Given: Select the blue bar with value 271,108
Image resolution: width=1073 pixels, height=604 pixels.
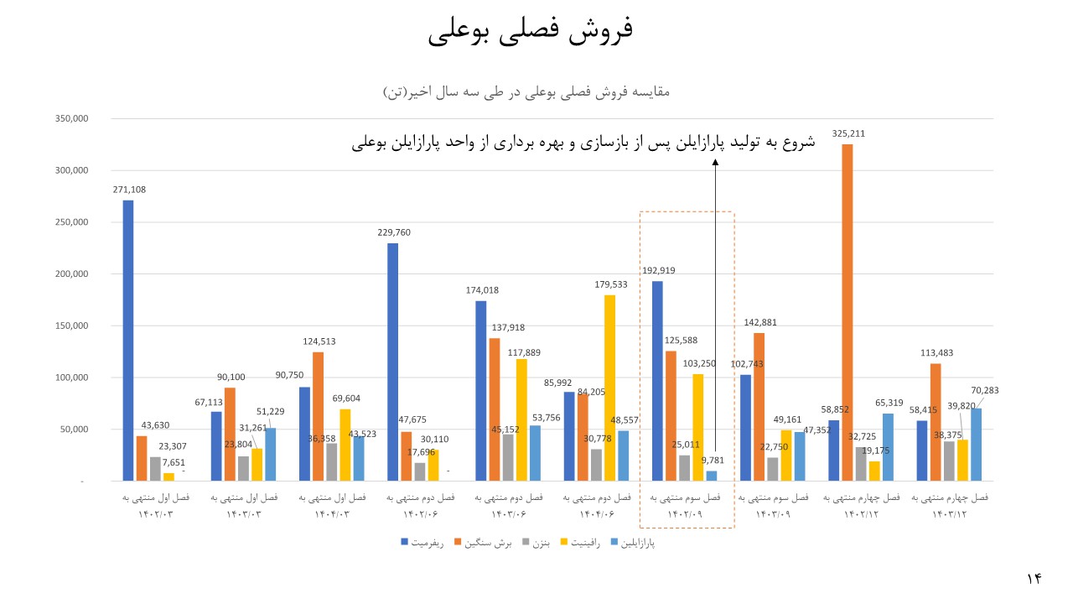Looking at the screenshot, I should (x=127, y=341).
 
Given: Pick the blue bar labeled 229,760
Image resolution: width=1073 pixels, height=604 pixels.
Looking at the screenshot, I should (x=392, y=362).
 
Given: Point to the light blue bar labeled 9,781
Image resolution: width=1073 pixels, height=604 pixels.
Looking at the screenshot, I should (x=712, y=476).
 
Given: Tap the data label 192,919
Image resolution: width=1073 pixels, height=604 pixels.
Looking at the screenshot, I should (x=658, y=271).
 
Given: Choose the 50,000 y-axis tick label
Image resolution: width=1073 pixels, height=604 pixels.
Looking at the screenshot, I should (x=73, y=430).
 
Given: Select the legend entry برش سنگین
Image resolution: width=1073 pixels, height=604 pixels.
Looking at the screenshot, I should (x=484, y=544).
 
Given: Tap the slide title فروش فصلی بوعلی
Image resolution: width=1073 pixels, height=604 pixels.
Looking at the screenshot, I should (x=531, y=30).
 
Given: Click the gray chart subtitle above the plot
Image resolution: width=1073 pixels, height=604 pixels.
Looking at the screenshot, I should (x=526, y=91).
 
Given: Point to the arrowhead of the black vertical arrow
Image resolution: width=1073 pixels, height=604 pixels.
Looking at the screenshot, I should (x=715, y=164).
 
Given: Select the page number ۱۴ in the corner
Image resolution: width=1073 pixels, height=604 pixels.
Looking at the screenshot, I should (x=1033, y=579).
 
